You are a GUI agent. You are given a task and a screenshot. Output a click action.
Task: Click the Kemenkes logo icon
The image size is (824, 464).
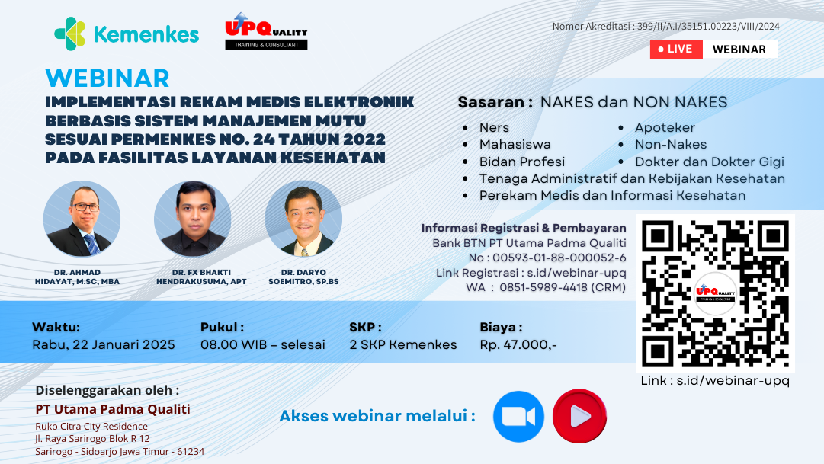pos(70,34)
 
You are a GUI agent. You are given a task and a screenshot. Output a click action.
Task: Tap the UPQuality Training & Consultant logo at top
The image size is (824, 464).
pos(266,32)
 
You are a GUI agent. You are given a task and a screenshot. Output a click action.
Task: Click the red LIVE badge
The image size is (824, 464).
pos(671,49)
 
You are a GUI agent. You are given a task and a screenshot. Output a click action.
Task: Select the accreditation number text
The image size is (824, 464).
pos(665,27)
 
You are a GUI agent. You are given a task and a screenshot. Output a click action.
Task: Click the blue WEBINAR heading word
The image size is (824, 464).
pos(107,78)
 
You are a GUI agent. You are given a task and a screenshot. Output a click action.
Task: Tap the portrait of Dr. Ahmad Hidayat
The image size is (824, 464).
pos(82,219)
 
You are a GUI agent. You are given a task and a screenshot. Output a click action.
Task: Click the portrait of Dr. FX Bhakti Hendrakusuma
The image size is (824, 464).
pos(192,219)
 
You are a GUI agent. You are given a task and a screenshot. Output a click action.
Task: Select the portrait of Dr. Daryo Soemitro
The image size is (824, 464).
pos(303,219)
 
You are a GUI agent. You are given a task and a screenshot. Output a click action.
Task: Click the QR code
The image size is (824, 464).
pos(715,293)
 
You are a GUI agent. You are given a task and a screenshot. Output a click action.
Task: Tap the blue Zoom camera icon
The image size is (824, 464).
pos(518,417)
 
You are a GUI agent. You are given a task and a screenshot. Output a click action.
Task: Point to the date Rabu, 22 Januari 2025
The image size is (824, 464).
pos(104,344)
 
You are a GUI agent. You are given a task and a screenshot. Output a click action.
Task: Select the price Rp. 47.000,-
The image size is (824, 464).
pos(518,344)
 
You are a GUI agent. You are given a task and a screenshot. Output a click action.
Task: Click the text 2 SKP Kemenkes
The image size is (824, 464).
pos(403,344)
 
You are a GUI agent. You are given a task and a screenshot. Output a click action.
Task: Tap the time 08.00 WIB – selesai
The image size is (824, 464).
pos(263,344)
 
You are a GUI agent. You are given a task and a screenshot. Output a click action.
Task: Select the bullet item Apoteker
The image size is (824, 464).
pos(665,127)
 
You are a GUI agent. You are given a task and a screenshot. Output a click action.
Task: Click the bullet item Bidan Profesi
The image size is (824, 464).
pos(522,162)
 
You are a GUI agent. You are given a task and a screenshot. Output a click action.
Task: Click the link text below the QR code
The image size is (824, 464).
pos(714,380)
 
